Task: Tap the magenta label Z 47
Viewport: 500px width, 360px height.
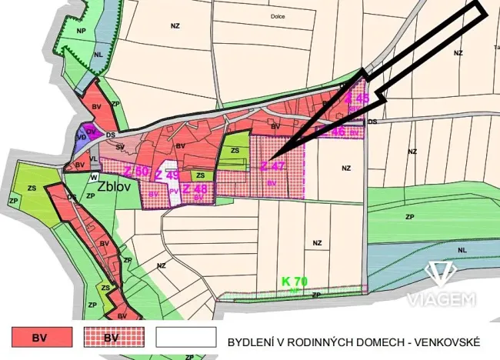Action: coord(272,166)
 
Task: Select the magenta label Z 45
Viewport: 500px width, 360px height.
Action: coord(357,98)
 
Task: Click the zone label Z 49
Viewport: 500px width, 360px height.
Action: coord(167,175)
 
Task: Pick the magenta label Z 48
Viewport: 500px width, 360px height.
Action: coord(195,188)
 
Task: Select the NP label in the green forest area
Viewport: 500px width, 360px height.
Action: coord(81,31)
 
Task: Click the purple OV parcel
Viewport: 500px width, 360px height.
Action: coord(91,132)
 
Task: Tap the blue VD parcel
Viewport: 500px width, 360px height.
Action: coord(81,138)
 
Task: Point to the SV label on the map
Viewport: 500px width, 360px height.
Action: coord(120,146)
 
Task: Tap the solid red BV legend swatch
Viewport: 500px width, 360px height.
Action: coord(42,337)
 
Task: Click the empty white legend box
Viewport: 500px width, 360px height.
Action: coord(186,337)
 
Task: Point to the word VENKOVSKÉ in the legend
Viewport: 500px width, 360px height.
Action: coord(443,341)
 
